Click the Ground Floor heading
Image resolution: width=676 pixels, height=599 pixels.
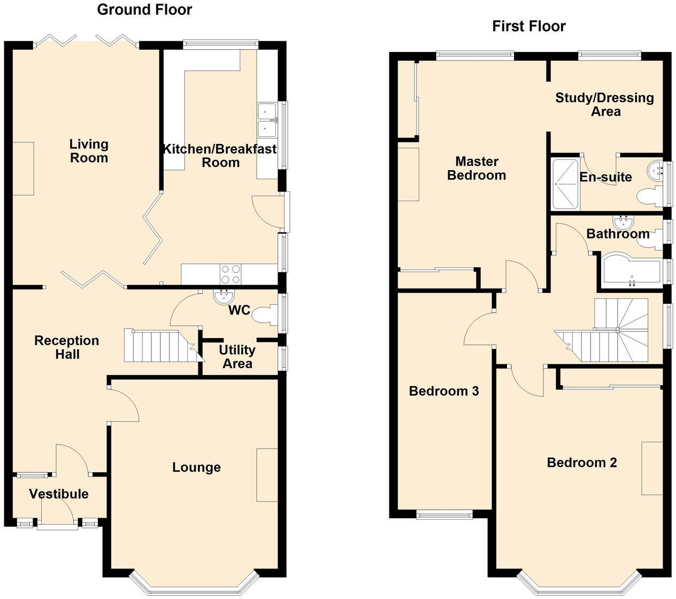(x=144, y=10)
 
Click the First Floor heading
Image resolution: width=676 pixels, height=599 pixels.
(x=528, y=26)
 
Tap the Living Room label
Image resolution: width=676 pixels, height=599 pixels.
(x=89, y=151)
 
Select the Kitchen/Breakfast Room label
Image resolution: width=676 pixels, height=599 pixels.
(x=220, y=156)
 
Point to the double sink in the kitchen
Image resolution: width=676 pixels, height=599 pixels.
(x=266, y=120)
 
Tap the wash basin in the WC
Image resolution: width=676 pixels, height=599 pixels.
(x=224, y=296)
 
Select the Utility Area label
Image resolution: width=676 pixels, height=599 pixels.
(x=237, y=357)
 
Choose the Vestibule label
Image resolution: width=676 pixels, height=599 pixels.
(x=59, y=494)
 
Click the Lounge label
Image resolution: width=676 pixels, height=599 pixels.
(x=196, y=467)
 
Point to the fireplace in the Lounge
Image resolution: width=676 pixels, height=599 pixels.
(x=267, y=475)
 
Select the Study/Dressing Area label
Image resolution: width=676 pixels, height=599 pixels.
(x=604, y=104)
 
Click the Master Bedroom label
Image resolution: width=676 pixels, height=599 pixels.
(x=476, y=168)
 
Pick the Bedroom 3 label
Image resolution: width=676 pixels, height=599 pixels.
(x=443, y=391)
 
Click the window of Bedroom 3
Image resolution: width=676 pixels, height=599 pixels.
(x=444, y=515)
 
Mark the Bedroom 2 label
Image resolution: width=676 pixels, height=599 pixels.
(x=582, y=463)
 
